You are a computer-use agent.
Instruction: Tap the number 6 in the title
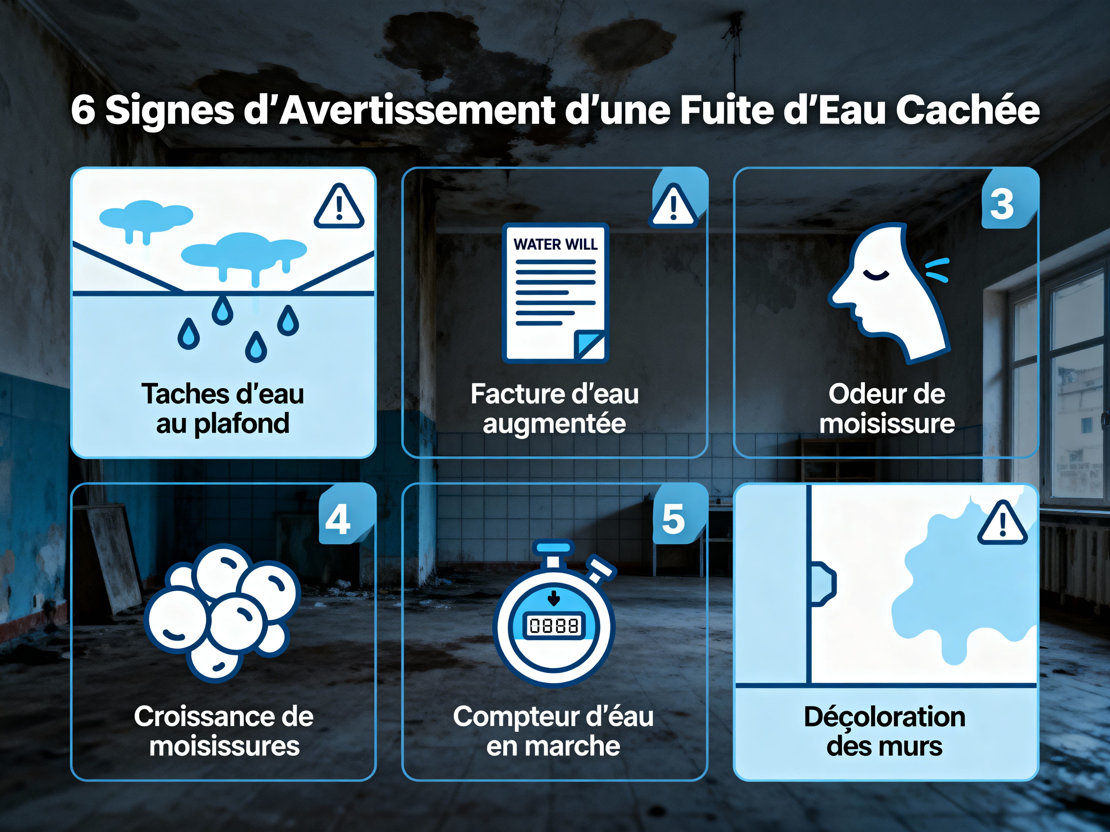pos(83,110)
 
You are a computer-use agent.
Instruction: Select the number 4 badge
pos(338,519)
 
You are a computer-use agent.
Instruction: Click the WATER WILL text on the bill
pos(555,244)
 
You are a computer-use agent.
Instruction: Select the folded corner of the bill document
pos(590,345)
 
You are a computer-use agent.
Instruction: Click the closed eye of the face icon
pos(876,274)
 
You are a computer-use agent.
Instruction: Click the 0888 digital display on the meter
pos(554,625)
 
